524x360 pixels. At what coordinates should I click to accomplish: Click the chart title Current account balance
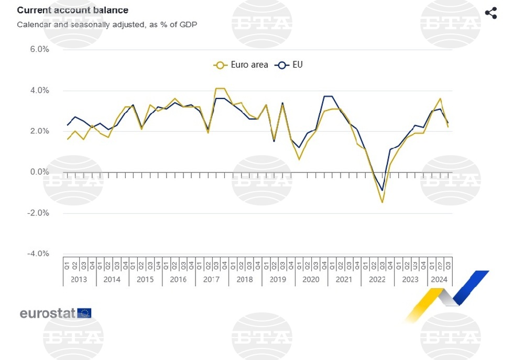tap(72, 10)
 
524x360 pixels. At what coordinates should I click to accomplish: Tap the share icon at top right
tap(490, 13)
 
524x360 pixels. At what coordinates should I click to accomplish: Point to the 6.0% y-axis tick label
tap(38, 49)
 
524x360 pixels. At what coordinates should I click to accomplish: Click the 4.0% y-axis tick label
tap(38, 91)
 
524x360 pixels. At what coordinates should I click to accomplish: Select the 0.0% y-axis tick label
tap(38, 172)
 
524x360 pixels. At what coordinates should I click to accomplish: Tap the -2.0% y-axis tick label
tap(37, 213)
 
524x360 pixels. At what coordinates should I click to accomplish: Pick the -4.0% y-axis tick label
tap(37, 254)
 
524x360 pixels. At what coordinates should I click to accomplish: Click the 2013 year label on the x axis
tap(79, 279)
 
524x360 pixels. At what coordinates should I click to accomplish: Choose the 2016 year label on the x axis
tap(178, 279)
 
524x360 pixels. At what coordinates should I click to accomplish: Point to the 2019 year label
tap(278, 279)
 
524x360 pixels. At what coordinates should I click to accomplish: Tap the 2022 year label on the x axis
tap(377, 279)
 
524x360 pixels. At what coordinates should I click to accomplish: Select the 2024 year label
tap(439, 279)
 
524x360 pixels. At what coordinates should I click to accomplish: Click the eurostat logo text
tap(48, 313)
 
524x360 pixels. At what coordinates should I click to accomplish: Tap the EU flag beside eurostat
tap(84, 313)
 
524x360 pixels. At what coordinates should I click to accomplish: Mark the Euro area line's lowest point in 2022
tap(382, 202)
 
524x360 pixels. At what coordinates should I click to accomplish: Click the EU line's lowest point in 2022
tap(382, 190)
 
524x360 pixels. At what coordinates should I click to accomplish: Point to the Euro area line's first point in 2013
tap(67, 139)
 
